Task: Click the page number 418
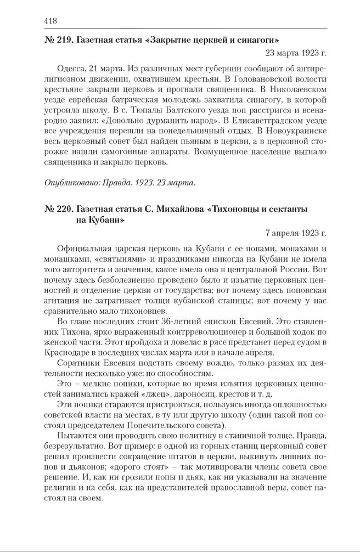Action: click(x=50, y=21)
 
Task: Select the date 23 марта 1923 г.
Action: click(x=296, y=53)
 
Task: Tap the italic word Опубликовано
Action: click(x=70, y=182)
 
